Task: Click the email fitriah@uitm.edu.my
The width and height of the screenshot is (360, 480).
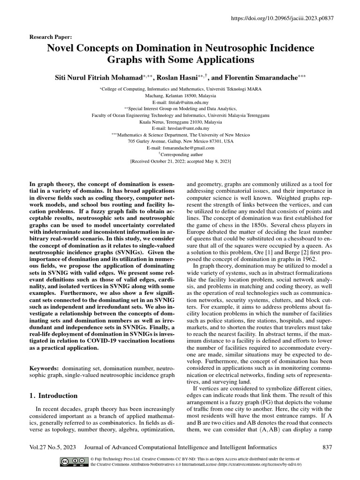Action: [x=180, y=101]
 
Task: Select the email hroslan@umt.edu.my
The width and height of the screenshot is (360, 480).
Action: [x=180, y=127]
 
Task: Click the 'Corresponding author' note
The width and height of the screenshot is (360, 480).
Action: [x=182, y=154]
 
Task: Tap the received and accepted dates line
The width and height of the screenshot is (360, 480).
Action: [x=180, y=160]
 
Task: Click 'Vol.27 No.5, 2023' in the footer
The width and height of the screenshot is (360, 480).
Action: [x=51, y=448]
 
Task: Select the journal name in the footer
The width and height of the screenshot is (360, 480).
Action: [x=180, y=448]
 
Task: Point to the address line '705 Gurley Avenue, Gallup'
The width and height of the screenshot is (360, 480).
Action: [x=180, y=141]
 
